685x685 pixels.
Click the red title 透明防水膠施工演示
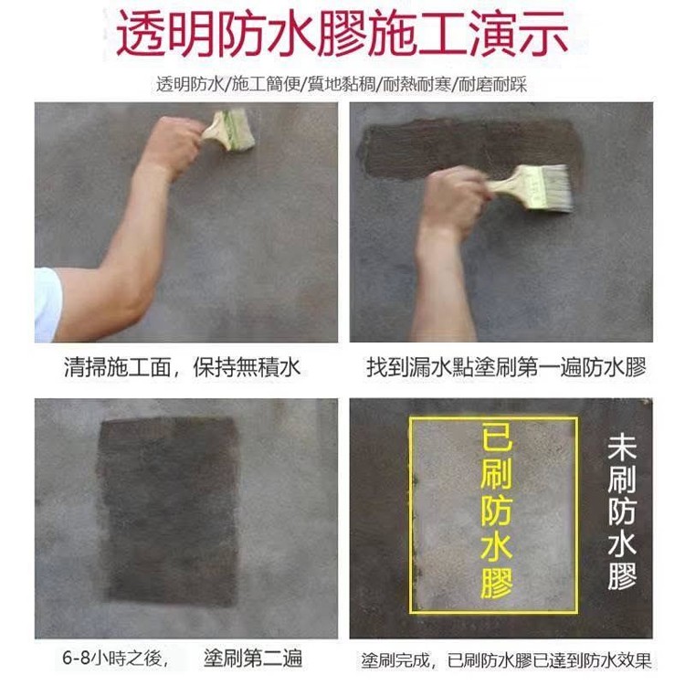pos(342,34)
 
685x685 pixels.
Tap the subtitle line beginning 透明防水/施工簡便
pos(342,84)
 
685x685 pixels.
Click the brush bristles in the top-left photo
pos(239,130)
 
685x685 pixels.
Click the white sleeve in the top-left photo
pos(47,304)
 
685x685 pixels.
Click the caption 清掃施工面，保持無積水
pos(183,366)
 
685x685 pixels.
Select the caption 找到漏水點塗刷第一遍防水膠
pos(506,366)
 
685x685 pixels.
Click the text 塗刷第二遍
pos(253,659)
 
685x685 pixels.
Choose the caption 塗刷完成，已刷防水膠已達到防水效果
pos(506,660)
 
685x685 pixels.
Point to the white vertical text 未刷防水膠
pos(622,511)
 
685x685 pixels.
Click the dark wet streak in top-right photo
pos(472,148)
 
